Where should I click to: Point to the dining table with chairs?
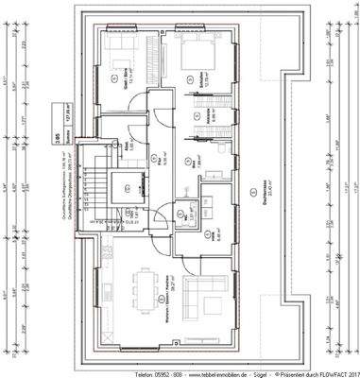click(x=145, y=284)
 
